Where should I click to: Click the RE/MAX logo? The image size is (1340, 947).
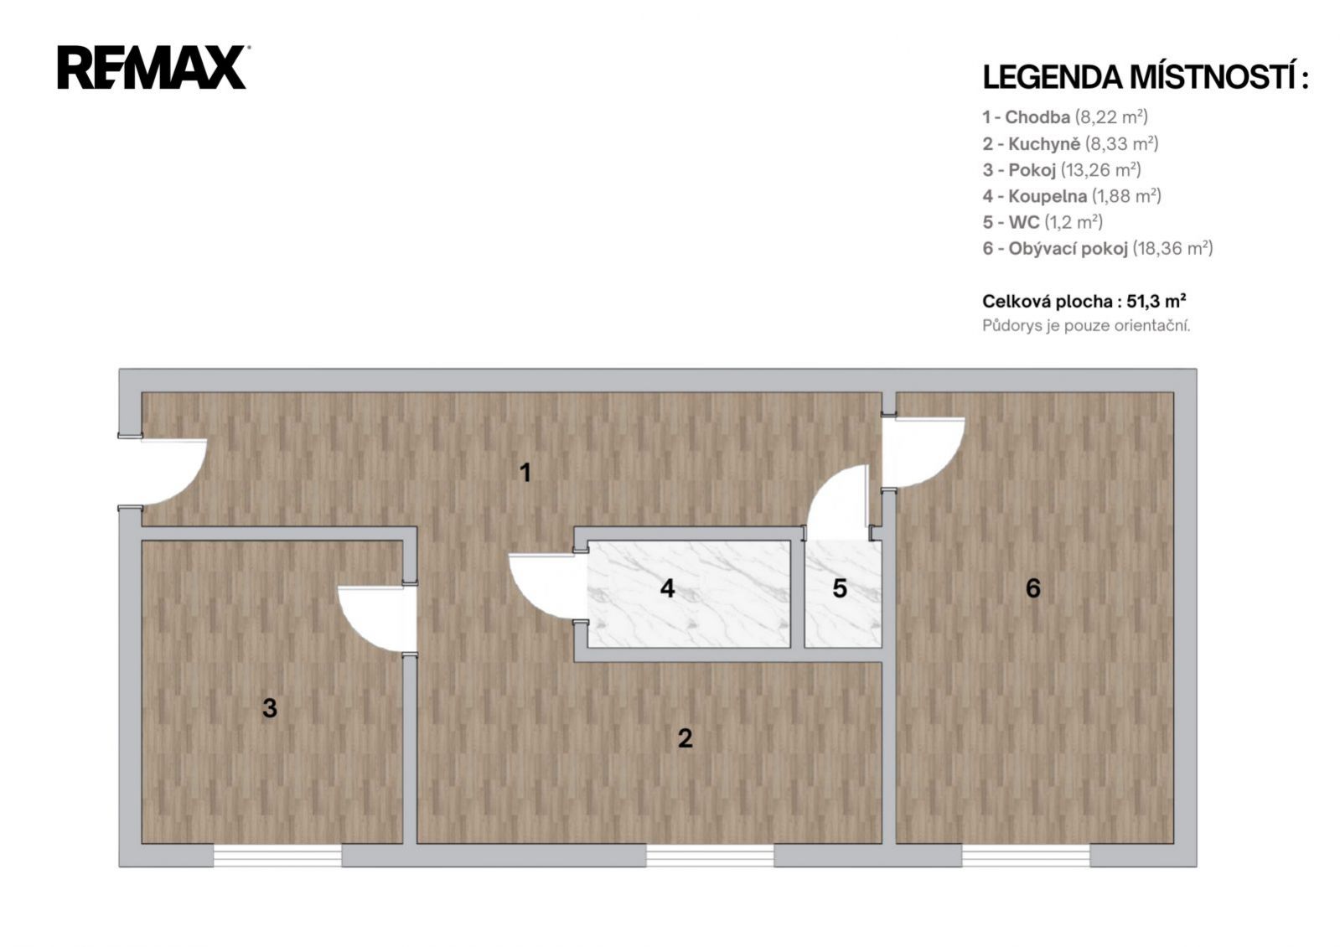(x=153, y=68)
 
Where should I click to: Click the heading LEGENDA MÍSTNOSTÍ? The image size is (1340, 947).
(x=1145, y=78)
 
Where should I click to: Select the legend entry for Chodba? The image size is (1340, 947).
(x=1065, y=117)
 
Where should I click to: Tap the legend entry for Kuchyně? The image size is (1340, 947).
(x=1070, y=143)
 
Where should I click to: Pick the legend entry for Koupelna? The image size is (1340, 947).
(x=1071, y=196)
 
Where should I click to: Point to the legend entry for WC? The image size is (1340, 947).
(x=1043, y=223)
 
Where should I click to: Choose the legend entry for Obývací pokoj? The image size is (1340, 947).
(x=1097, y=248)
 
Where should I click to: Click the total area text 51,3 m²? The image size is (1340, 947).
(x=1156, y=301)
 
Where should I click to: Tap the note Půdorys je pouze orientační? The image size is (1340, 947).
(x=1086, y=326)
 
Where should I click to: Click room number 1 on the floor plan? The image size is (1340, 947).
(x=525, y=473)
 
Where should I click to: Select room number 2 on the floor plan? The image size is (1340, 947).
(x=685, y=738)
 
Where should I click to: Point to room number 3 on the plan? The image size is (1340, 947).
(x=270, y=708)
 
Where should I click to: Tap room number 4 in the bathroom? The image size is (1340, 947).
(x=668, y=588)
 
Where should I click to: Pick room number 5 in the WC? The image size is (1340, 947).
(x=840, y=588)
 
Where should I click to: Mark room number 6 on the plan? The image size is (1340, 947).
(x=1033, y=588)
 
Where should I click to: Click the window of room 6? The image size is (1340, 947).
(x=1026, y=856)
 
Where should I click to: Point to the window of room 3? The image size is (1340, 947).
(x=277, y=856)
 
